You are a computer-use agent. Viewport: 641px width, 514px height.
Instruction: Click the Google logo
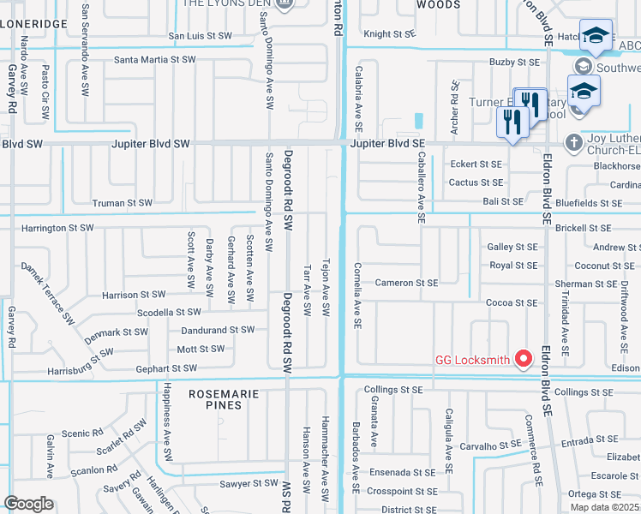pyautogui.click(x=28, y=504)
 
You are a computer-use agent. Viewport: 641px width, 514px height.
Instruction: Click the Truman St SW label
pyautogui.click(x=122, y=203)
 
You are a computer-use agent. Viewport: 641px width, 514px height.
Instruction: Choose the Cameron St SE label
pyautogui.click(x=406, y=283)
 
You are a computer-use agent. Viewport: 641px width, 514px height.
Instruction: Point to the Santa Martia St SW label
pyautogui.click(x=155, y=60)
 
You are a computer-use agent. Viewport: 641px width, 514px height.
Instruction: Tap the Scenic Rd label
pyautogui.click(x=88, y=433)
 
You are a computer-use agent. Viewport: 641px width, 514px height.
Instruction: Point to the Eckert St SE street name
pyautogui.click(x=476, y=164)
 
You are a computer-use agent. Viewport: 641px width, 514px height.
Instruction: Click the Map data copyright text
pyautogui.click(x=604, y=507)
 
